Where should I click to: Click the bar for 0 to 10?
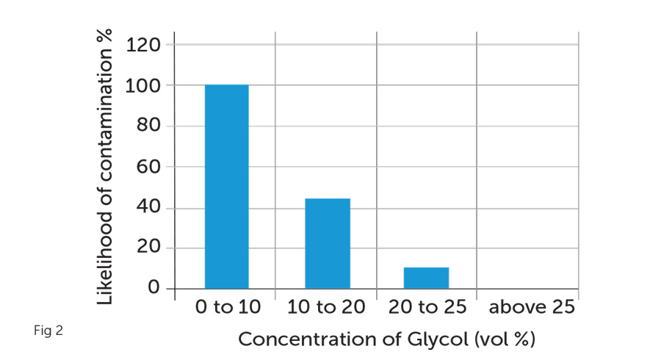pos(226,186)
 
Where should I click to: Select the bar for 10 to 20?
pos(327,243)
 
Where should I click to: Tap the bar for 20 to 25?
pos(426,278)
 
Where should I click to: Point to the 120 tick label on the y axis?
pos(143,45)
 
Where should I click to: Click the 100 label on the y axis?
pos(143,86)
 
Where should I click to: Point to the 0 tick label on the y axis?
pos(153,288)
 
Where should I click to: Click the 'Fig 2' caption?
pos(48,331)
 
